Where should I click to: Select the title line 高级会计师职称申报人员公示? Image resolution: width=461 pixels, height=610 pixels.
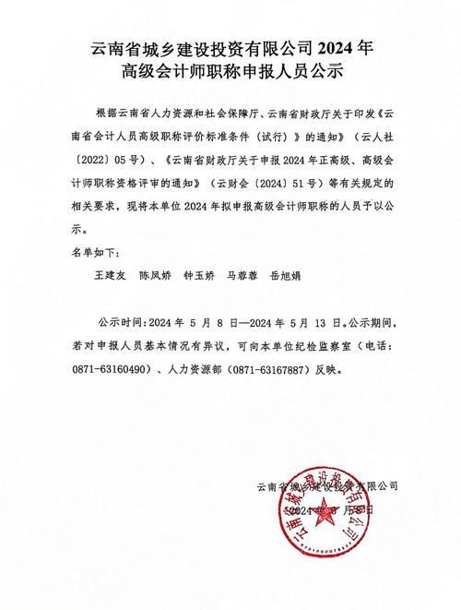pyautogui.click(x=230, y=69)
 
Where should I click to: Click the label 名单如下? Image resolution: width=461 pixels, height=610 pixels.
pyautogui.click(x=96, y=251)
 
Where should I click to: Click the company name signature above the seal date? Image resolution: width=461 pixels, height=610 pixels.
pyautogui.click(x=327, y=486)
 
